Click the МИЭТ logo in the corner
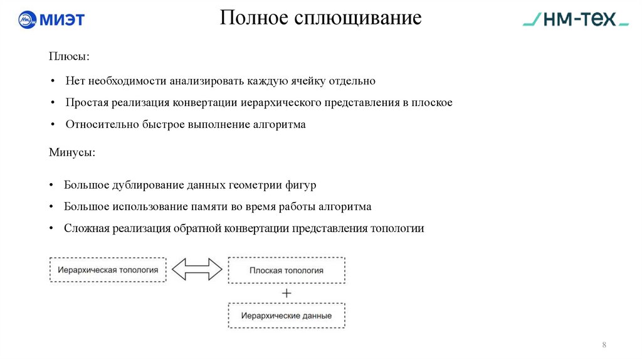click(51, 19)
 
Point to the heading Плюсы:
click(69, 56)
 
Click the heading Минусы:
click(72, 152)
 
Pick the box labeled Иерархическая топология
click(108, 270)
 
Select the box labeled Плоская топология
click(287, 270)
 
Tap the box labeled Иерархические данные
click(287, 315)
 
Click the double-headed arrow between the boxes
click(197, 270)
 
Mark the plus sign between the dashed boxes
click(287, 293)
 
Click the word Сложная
click(87, 228)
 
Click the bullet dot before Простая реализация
click(55, 102)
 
